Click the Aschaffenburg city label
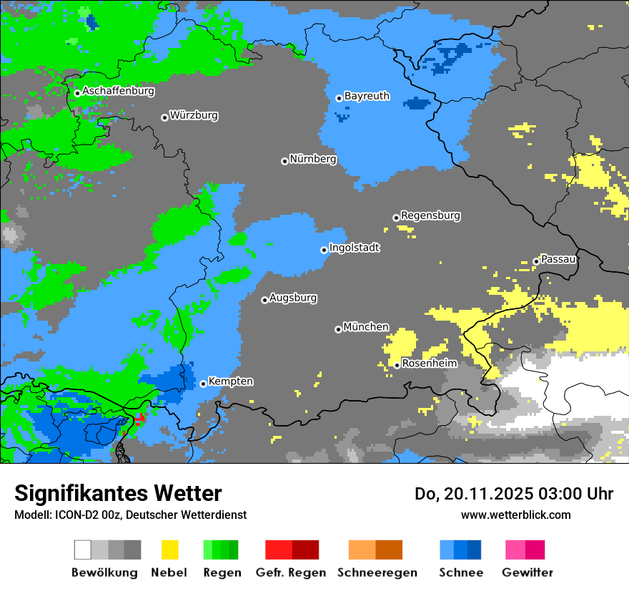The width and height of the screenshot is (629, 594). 118,92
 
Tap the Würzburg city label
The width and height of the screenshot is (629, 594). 194,115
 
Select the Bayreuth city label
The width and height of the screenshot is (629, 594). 367,96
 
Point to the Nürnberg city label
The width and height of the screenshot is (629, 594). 313,160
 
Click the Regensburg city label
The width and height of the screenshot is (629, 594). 430,215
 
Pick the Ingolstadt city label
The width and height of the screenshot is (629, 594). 355,248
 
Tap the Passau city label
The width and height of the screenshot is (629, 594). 559,259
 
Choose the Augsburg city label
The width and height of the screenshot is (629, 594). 293,298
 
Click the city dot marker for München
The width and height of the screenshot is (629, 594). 338,329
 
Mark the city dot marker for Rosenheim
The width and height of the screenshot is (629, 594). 397,366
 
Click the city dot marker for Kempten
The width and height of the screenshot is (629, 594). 203,384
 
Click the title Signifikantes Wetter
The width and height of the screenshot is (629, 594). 118,493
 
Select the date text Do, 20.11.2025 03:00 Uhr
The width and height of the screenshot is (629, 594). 514,494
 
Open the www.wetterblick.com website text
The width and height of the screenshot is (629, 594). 516,515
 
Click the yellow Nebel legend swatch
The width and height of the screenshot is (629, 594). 169,550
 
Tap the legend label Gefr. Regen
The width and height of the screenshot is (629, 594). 291,573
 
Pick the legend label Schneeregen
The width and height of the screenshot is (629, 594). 377,573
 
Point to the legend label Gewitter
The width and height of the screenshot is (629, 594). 527,573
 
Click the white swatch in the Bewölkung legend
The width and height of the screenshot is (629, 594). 82,550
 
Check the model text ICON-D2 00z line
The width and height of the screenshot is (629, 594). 130,515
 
